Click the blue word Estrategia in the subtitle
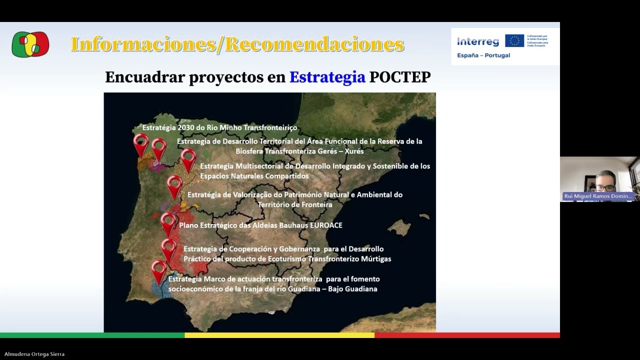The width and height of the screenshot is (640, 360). [x=327, y=77]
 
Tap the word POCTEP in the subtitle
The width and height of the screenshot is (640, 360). [x=399, y=77]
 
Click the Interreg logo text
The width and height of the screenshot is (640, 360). [x=477, y=42]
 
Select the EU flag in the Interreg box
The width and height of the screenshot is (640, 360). [x=514, y=41]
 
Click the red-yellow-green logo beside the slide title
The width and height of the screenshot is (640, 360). [x=30, y=44]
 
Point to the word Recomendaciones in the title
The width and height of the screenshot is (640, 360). [x=314, y=44]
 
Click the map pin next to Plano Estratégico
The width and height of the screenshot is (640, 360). [x=168, y=222]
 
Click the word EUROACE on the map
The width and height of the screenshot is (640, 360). [x=326, y=225]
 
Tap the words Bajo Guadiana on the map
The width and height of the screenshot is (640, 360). [x=352, y=289]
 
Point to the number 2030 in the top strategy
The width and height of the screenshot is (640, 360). [x=186, y=128]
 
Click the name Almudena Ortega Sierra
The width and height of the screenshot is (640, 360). [x=34, y=354]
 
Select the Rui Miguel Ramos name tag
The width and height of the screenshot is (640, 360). [x=598, y=196]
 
